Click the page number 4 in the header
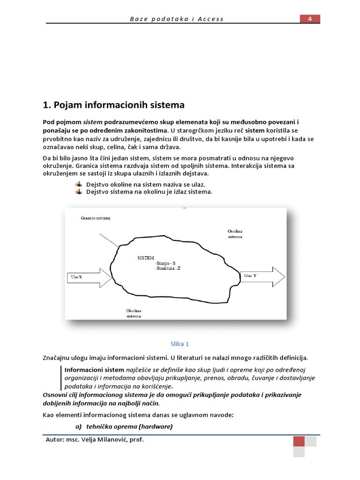tap(310, 19)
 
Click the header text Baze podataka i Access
tap(176, 19)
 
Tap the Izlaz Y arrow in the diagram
tap(262, 276)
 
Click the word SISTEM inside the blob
tap(145, 258)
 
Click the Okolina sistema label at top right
tap(235, 234)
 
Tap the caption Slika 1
tap(180, 344)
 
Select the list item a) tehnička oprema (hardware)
tap(124, 426)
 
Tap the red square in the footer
tap(299, 442)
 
